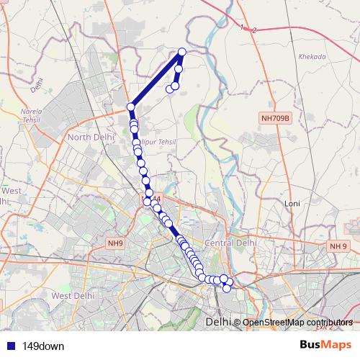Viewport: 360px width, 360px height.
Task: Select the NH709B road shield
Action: coord(274,117)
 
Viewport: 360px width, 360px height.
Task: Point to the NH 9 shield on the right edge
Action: coord(338,247)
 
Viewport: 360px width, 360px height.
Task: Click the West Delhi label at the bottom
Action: coord(73,295)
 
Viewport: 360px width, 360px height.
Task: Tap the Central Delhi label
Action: coord(230,243)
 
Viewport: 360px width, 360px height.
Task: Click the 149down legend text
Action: coord(43,346)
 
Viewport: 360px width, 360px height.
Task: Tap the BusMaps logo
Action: coord(325,345)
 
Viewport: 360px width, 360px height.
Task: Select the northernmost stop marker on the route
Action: coord(182,52)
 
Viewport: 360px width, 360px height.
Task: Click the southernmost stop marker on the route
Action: coord(228,289)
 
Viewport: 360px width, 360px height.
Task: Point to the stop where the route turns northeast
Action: coord(131,107)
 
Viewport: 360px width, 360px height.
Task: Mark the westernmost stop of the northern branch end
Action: coord(170,89)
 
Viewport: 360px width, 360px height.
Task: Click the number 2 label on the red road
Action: coord(255,30)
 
